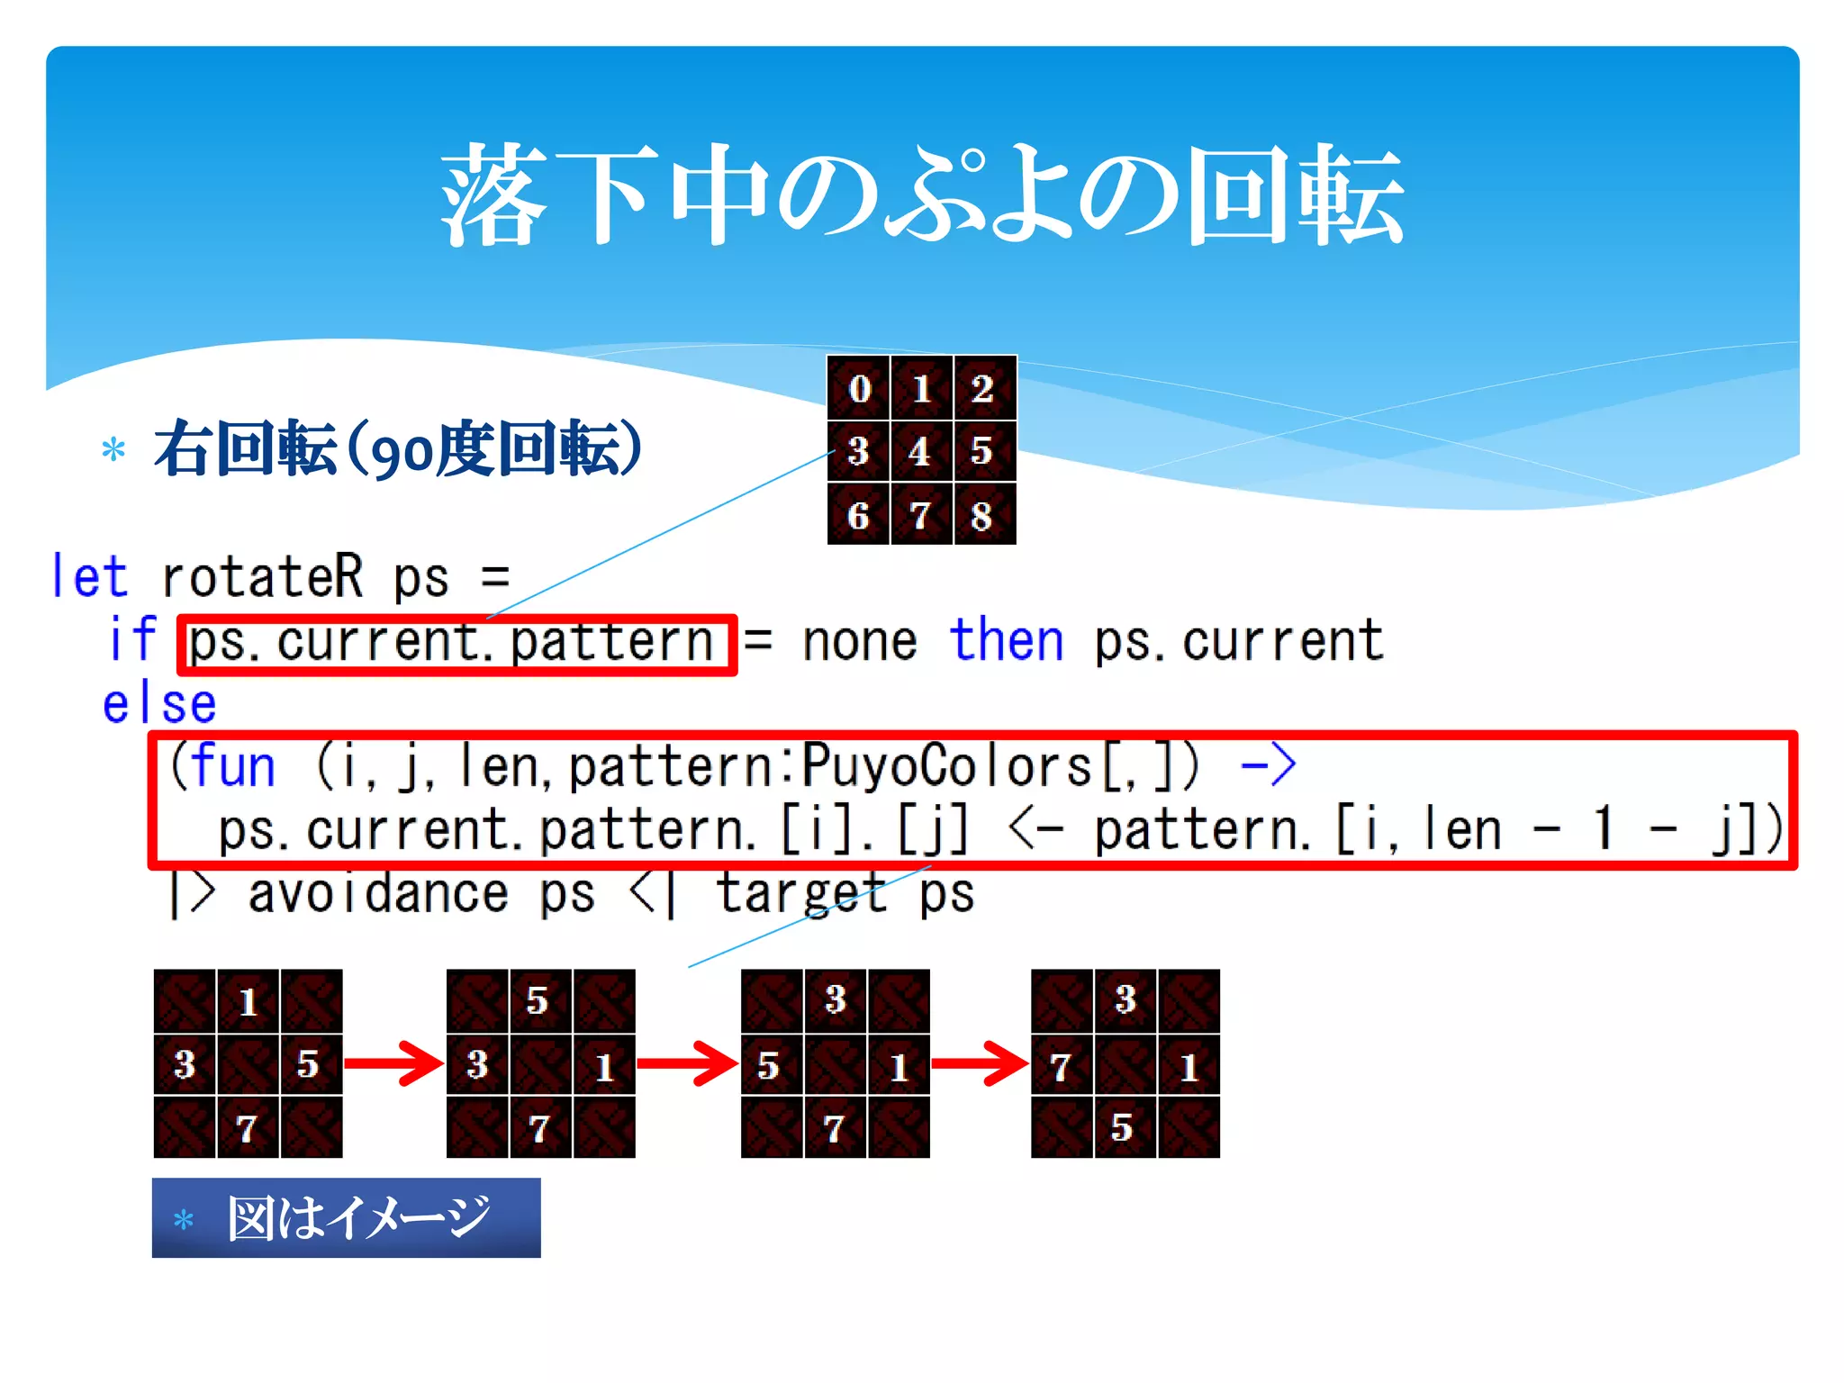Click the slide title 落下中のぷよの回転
pos(922,195)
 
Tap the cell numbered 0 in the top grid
pos(859,389)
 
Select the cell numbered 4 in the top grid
pos(920,451)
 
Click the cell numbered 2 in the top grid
pos(982,389)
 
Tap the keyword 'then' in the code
pos(1007,641)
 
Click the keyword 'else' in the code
pos(159,703)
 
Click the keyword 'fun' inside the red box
pos(232,766)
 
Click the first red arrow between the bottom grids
pos(393,1064)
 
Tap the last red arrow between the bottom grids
pos(980,1064)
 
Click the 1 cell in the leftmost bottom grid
pos(248,1001)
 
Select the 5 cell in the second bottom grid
pos(538,1000)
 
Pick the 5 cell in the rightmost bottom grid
pos(1123,1127)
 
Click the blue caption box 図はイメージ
pos(346,1217)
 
